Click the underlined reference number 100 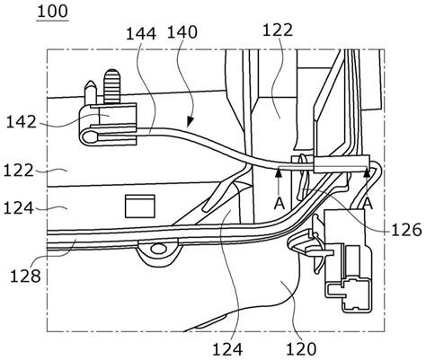[x=53, y=12]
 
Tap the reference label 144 [x=141, y=33]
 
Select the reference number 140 [x=182, y=32]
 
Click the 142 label [x=22, y=122]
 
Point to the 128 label [x=25, y=276]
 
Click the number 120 [x=301, y=349]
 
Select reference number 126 [x=406, y=230]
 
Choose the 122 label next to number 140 [x=278, y=30]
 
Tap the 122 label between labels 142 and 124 [x=19, y=171]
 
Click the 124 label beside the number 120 [x=227, y=349]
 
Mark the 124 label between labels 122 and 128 [x=19, y=208]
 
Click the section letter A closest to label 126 [x=368, y=204]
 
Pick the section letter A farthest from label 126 [x=280, y=204]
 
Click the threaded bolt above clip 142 [x=111, y=86]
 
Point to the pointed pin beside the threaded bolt [x=91, y=92]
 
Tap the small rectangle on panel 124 [x=140, y=206]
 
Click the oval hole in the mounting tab [x=158, y=248]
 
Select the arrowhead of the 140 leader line [x=190, y=121]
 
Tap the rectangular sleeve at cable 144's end [x=342, y=164]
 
